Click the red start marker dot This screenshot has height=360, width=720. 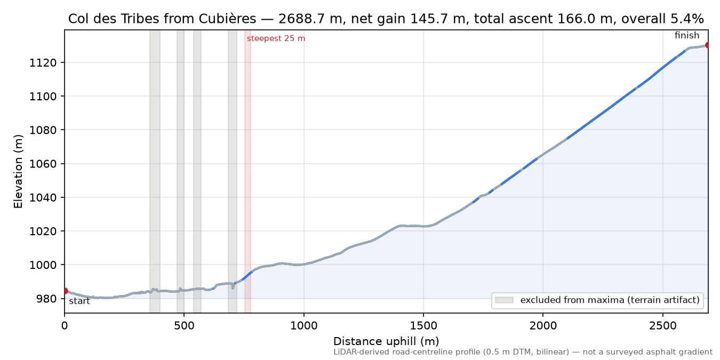(x=65, y=291)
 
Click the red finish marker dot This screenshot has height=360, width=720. (x=708, y=45)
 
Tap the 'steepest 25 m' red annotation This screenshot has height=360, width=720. (x=276, y=38)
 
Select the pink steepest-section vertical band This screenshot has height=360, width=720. (x=247, y=171)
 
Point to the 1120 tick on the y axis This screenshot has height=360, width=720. (x=43, y=62)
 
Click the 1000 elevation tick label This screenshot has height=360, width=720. (x=43, y=265)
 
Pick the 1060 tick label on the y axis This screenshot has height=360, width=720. (x=43, y=164)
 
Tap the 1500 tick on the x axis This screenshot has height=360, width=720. (x=423, y=326)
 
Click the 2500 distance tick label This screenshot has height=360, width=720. (x=663, y=326)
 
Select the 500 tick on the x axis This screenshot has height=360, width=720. (x=184, y=326)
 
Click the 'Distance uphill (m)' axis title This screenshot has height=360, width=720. (x=386, y=341)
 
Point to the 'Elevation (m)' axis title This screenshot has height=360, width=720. (x=18, y=171)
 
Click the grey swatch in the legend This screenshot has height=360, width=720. (x=504, y=300)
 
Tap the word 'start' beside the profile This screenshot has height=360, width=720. (x=79, y=301)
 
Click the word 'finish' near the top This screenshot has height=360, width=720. (x=687, y=35)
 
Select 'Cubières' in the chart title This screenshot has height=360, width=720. (x=227, y=19)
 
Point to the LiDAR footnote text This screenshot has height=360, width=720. (x=523, y=353)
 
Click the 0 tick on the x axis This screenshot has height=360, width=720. (x=65, y=326)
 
